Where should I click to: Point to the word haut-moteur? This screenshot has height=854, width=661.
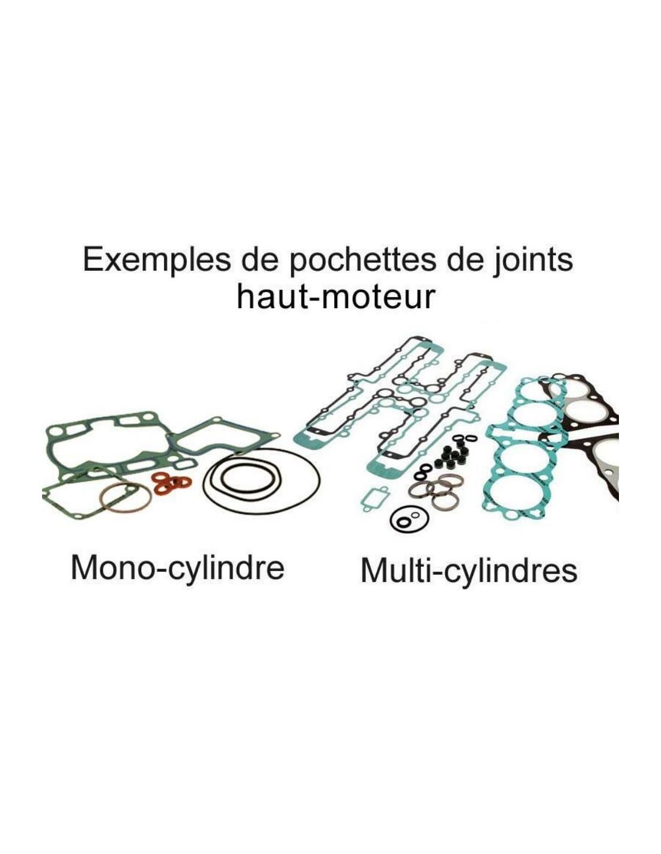coord(335,298)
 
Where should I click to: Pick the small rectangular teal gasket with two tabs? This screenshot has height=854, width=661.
coord(373,499)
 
